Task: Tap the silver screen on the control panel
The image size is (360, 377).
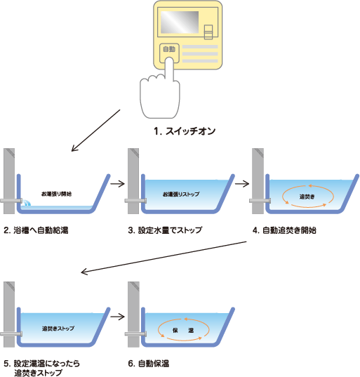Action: click(180, 22)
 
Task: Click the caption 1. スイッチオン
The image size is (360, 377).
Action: click(185, 131)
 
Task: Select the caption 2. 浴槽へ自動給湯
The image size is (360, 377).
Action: click(36, 230)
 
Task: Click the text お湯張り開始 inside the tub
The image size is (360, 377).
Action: click(56, 194)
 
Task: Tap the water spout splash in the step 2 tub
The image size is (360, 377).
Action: click(26, 203)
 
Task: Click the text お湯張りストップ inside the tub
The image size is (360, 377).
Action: click(181, 194)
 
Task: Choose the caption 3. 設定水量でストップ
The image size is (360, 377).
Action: click(165, 230)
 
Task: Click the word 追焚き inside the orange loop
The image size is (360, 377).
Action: click(307, 197)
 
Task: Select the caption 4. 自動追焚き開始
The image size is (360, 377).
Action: click(284, 230)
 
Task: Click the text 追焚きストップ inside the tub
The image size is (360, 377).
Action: click(58, 329)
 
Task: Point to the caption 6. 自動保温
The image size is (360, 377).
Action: click(149, 363)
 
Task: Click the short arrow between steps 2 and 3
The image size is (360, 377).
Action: click(118, 184)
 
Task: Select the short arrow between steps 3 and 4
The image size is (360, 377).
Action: click(242, 184)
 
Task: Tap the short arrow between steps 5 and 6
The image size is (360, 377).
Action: click(118, 317)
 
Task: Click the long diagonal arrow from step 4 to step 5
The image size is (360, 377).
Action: click(164, 257)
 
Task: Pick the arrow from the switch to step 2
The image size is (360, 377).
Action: click(95, 131)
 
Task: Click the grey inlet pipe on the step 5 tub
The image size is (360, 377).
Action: click(11, 333)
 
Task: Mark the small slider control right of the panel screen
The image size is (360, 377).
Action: click(208, 32)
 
